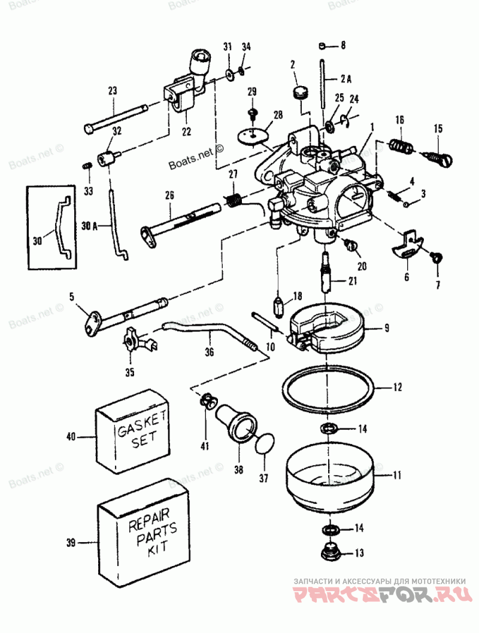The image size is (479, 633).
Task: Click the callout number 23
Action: tap(112, 91)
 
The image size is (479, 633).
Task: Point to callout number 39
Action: tap(71, 543)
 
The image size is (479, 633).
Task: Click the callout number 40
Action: tap(71, 437)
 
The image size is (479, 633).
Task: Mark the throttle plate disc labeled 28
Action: tap(255, 135)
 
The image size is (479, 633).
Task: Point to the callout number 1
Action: tap(372, 127)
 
